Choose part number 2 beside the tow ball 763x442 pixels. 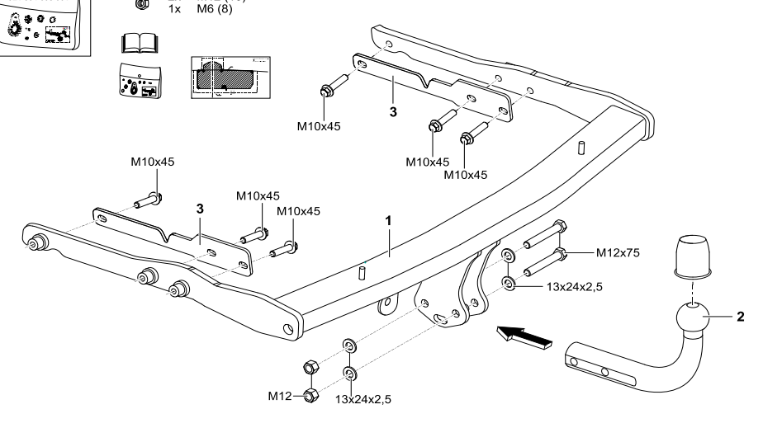tap(739, 316)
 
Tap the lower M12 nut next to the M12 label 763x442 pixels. tap(310, 395)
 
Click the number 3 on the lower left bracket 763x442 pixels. tap(201, 209)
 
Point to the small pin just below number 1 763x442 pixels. tap(361, 274)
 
